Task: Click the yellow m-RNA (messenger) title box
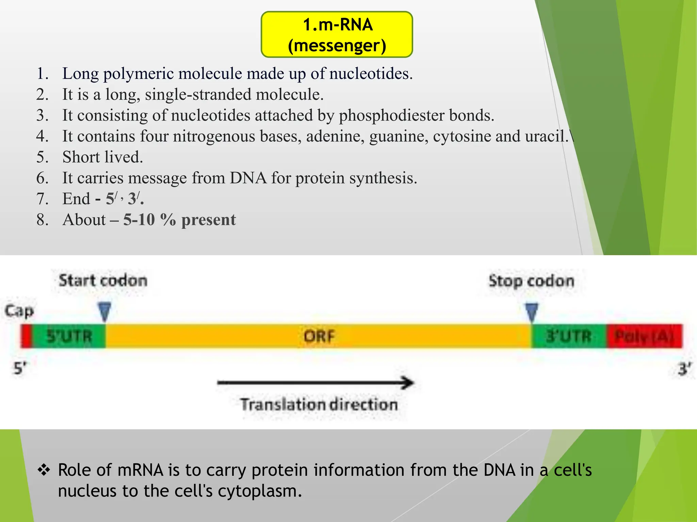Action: point(337,35)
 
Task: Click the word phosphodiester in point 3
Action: point(392,116)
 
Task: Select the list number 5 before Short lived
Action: point(42,157)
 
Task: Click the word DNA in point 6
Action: point(248,178)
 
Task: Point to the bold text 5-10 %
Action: point(149,220)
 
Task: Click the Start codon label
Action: point(103,281)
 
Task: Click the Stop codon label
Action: point(531,281)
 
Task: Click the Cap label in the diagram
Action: point(19,311)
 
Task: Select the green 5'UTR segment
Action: point(69,336)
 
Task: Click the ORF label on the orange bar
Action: point(319,336)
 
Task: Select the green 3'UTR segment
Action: point(569,336)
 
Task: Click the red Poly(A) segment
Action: point(644,336)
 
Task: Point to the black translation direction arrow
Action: point(315,383)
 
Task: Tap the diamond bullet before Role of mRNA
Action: point(44,470)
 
